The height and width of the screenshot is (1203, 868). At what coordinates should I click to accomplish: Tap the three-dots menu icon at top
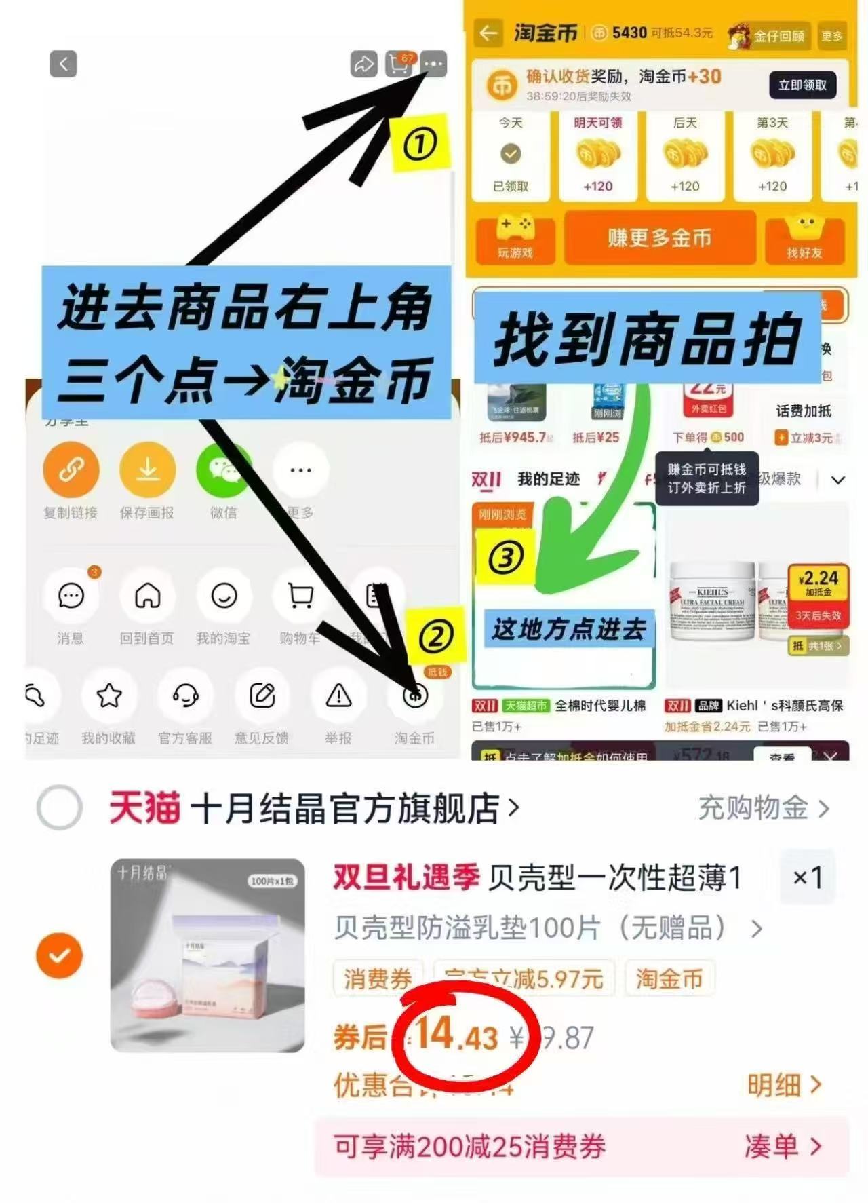[433, 64]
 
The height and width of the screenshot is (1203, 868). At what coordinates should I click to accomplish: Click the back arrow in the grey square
[63, 64]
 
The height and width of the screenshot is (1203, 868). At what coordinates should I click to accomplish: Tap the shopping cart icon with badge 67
[399, 64]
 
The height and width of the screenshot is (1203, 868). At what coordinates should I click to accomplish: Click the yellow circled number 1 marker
[420, 144]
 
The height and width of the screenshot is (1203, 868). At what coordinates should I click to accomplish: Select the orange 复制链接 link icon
[71, 470]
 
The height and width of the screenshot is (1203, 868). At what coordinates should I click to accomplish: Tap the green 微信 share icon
[223, 470]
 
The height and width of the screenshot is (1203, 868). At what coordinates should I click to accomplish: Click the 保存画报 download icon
[147, 470]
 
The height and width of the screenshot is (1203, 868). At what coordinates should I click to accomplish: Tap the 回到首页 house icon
[147, 596]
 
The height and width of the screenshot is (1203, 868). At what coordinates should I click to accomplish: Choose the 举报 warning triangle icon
[338, 695]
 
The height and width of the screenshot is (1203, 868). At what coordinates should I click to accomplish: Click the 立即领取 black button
[802, 85]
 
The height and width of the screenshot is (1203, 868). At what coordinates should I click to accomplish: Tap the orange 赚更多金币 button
[659, 238]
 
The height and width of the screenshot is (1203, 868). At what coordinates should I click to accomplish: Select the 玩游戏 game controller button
[515, 238]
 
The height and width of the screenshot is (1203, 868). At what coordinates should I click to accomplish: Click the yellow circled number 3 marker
[506, 558]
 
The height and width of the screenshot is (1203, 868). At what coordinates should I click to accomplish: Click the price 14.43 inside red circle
[457, 1037]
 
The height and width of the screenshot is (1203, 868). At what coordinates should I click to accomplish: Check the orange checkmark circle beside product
[60, 955]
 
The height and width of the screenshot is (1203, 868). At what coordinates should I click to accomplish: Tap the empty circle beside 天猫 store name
[60, 808]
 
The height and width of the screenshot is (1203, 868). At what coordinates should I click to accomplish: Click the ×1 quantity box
[807, 877]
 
